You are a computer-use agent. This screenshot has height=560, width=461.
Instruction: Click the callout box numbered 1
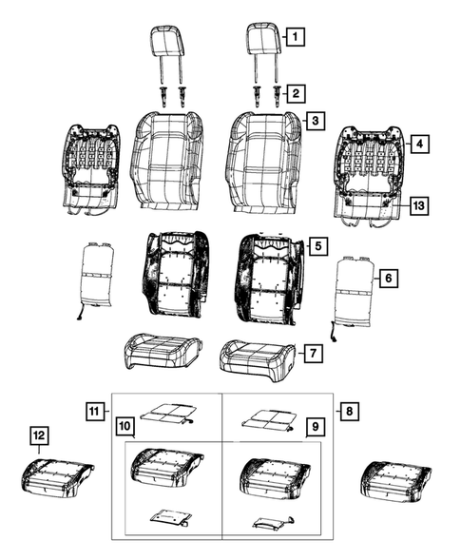tap(297, 38)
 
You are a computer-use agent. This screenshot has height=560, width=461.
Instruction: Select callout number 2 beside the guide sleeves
tap(297, 92)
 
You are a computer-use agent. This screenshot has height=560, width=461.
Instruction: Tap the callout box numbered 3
tap(315, 122)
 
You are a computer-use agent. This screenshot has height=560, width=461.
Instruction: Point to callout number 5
tap(318, 246)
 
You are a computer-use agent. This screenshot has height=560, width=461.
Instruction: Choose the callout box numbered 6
tap(386, 278)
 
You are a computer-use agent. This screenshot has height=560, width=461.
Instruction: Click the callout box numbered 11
tap(92, 411)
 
